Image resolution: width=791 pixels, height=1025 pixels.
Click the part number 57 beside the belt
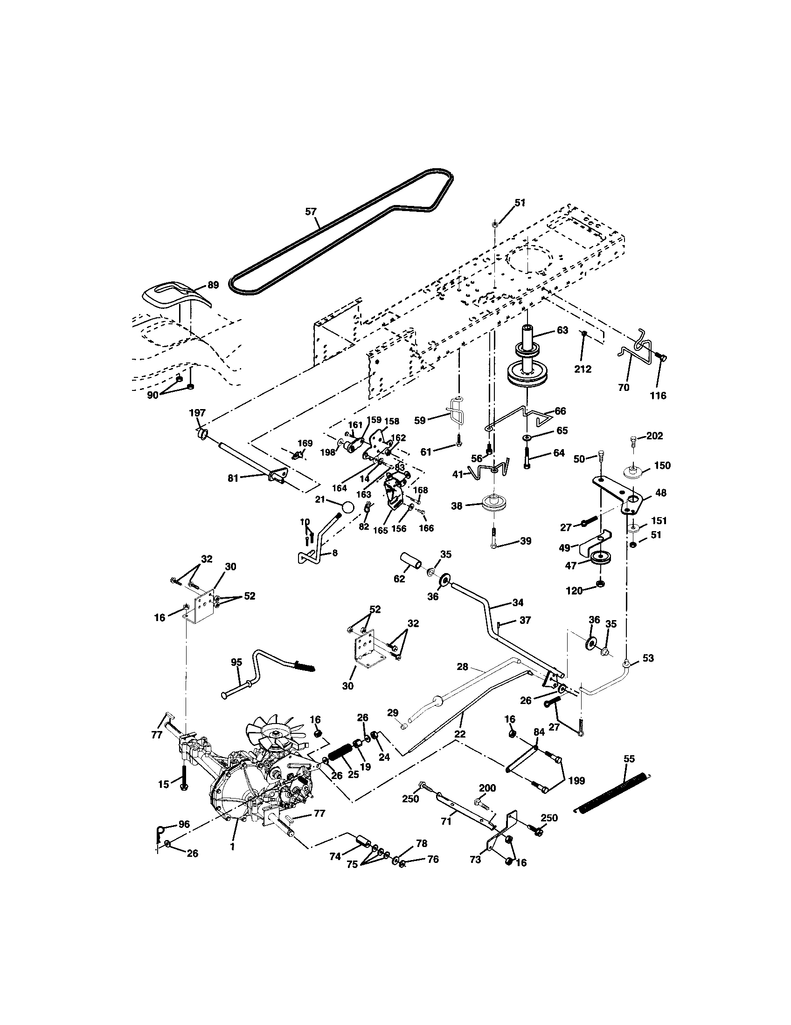(311, 212)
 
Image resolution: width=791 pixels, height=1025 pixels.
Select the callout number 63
(562, 330)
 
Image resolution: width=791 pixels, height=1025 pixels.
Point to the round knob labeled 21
(347, 508)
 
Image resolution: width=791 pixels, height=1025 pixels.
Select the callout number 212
(583, 369)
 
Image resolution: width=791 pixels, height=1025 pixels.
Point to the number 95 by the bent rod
(236, 662)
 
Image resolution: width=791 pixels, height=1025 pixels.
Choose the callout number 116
(658, 396)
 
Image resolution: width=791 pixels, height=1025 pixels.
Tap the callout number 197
(197, 412)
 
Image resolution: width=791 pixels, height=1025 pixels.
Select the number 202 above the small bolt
(654, 436)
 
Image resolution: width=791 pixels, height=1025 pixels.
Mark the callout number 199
(576, 781)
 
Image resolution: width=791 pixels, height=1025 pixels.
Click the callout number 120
(574, 591)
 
